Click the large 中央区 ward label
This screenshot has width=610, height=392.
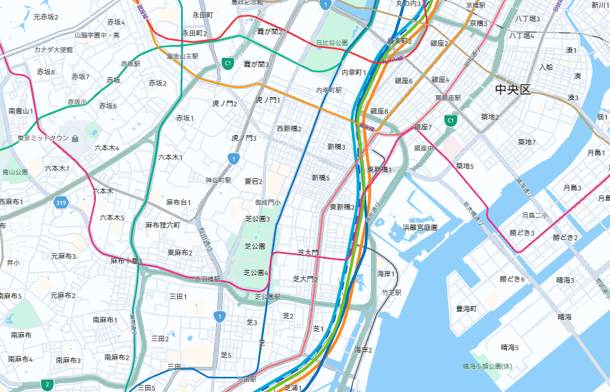(x=512, y=90)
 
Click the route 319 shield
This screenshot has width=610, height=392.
(x=61, y=203)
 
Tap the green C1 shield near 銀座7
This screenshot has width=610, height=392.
(x=450, y=121)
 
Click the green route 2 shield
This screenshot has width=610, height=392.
(x=46, y=384)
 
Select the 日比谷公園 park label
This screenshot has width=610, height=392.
(x=332, y=43)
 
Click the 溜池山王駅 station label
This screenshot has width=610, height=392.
(x=183, y=57)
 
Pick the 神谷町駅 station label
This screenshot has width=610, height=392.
(x=219, y=180)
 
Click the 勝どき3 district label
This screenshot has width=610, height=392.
(x=522, y=233)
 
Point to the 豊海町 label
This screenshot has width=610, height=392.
(x=466, y=308)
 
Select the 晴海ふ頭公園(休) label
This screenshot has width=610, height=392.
(x=487, y=366)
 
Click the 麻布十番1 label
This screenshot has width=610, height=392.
(x=126, y=261)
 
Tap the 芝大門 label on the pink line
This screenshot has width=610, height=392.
(x=309, y=252)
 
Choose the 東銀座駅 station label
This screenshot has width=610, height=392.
(x=448, y=98)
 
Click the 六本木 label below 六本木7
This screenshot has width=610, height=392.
(x=103, y=191)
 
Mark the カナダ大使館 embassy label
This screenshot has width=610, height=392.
(x=53, y=50)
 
